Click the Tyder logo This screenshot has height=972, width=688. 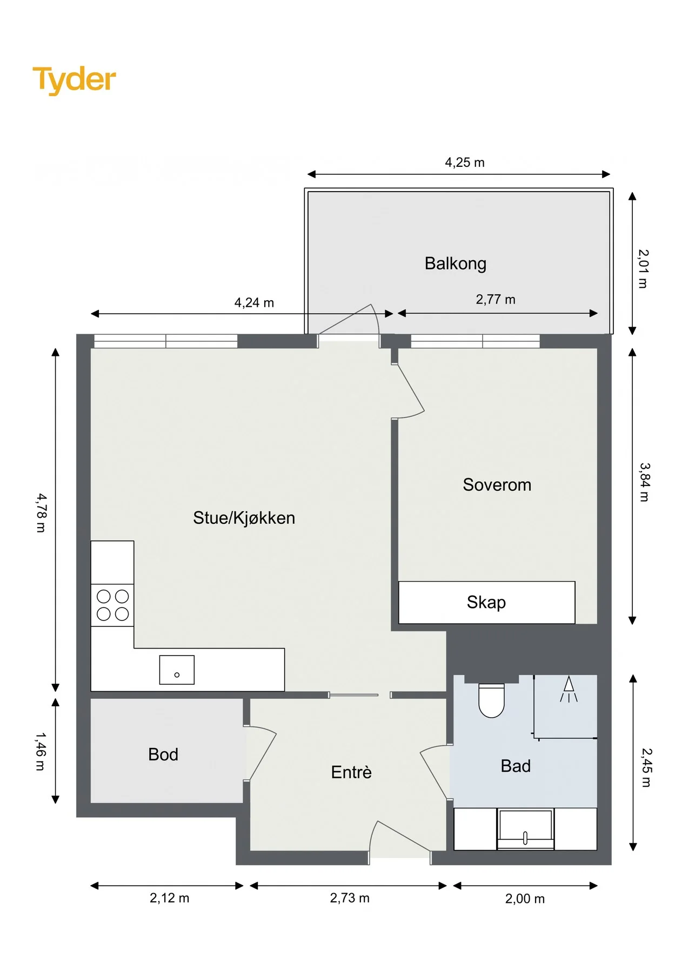pos(74,80)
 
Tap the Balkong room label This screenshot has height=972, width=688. pos(455,264)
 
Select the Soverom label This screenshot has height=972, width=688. pos(497,484)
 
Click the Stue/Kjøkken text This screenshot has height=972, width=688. pos(244,518)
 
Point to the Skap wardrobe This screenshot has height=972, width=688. pos(486,603)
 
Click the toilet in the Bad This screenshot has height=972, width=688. pos(491,700)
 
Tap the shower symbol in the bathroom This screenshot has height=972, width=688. pos(569,690)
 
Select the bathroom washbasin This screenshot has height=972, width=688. pos(525,829)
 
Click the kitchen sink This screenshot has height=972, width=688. pos(177,670)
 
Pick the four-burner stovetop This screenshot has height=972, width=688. pos(112,605)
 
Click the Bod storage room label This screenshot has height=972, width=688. pos(163,754)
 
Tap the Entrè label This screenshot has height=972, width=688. pos(351,772)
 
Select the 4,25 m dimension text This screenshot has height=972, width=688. pos(465,163)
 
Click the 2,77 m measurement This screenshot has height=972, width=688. pos(496,300)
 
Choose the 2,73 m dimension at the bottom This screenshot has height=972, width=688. pos(350,898)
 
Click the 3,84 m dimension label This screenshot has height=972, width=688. pos(644,482)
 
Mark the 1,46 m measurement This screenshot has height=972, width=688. pos(41,751)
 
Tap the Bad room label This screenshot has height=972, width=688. pos(516,766)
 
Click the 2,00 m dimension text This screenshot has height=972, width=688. pos(525,899)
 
